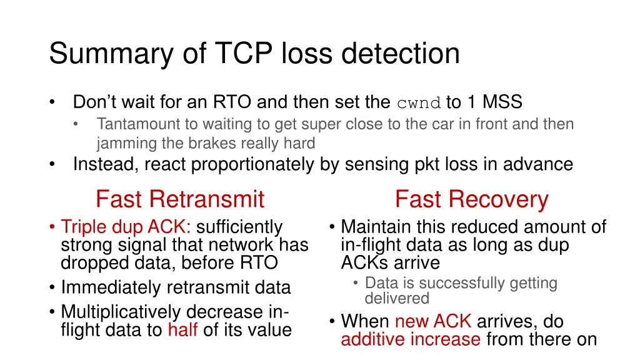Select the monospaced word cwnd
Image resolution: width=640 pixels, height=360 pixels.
point(419,102)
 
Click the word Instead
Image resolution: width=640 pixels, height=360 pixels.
point(105,164)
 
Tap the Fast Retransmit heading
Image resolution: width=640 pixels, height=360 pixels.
point(180,199)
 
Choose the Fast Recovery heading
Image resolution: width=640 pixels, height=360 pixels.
point(471,199)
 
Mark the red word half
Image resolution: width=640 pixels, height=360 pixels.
point(182,329)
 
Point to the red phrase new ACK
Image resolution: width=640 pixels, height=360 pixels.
point(433,322)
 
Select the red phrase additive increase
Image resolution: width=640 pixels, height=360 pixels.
point(411,340)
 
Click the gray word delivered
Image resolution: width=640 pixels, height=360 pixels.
point(397,299)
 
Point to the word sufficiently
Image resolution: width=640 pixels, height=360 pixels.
point(239,227)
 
